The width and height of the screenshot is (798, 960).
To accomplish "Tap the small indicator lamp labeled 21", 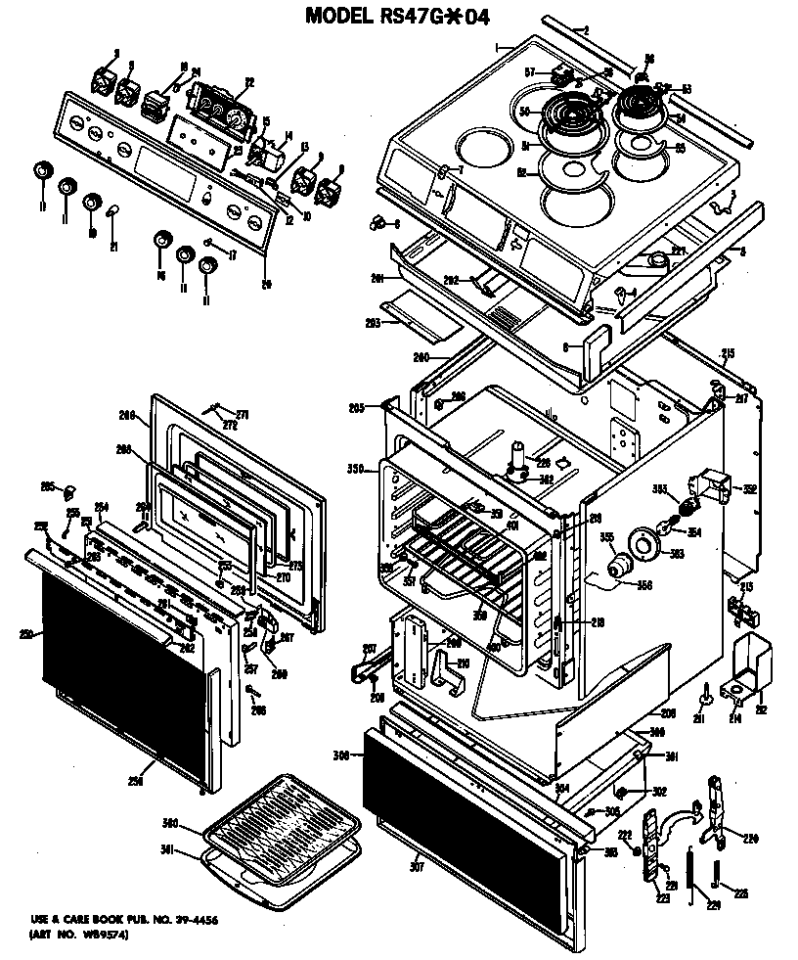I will coord(112,211).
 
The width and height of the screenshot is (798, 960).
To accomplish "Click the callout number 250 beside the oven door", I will coord(25,635).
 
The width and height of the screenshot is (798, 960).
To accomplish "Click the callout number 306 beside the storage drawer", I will coord(341,754).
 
